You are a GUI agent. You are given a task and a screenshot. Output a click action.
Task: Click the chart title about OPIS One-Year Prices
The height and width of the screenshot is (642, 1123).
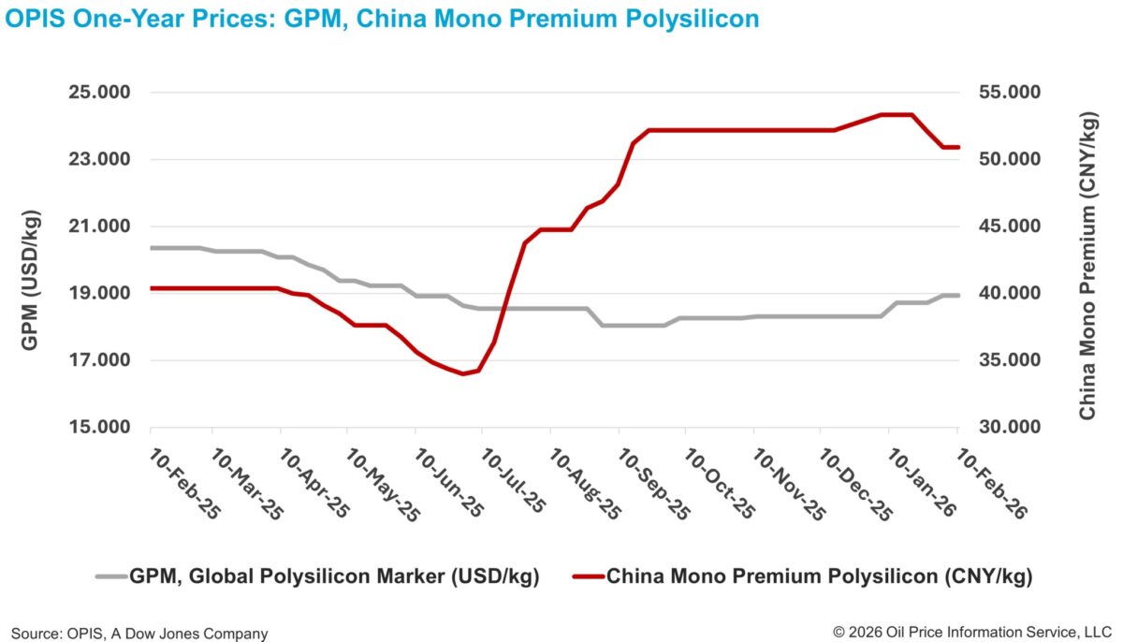(x=382, y=19)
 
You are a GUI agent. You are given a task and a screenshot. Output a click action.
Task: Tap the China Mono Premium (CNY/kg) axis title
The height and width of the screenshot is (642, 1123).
(x=1087, y=266)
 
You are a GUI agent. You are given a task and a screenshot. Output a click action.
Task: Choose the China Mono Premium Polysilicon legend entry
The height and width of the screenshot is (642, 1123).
(x=819, y=576)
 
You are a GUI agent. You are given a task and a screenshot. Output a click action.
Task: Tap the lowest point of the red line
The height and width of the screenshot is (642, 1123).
(x=463, y=373)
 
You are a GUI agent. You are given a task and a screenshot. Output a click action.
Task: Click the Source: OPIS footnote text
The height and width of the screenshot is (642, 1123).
(x=139, y=634)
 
